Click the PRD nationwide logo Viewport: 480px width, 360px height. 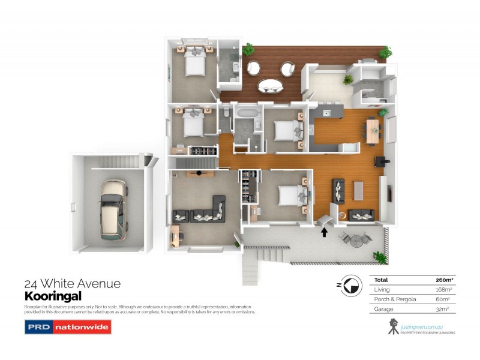tap(68, 327)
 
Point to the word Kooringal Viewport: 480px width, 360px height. tap(52, 296)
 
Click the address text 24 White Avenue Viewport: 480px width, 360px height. tap(72, 284)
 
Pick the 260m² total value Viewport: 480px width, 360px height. tap(444, 280)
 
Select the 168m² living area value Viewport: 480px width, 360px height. tap(444, 289)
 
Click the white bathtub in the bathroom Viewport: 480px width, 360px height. tap(247, 112)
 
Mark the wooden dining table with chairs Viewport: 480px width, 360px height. tap(373, 130)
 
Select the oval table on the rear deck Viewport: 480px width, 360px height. tap(271, 86)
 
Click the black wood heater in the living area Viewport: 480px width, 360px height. tap(380, 160)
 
